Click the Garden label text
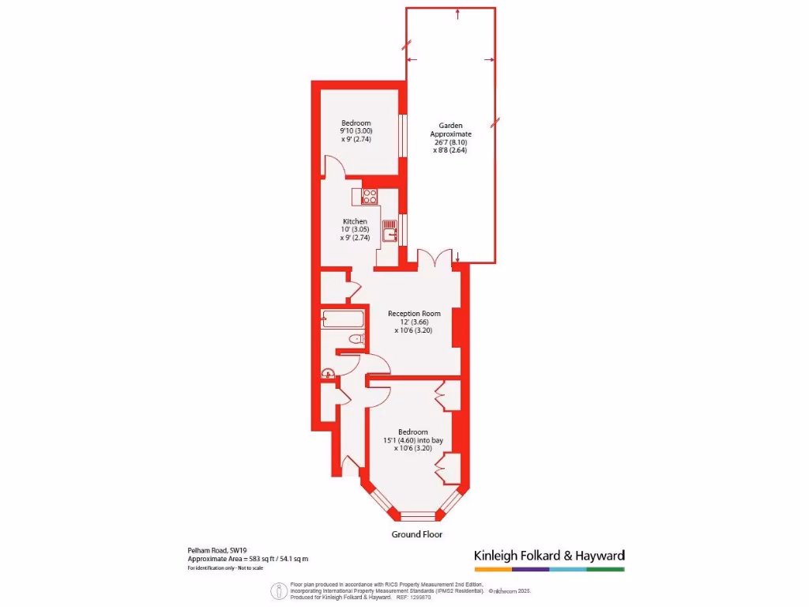click(x=450, y=125)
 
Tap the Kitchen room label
click(x=355, y=221)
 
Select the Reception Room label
click(x=414, y=314)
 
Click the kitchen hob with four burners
click(x=370, y=196)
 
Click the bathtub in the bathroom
click(x=343, y=319)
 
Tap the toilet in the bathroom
click(x=356, y=339)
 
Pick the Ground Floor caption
click(x=416, y=534)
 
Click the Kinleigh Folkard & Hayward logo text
click(x=549, y=555)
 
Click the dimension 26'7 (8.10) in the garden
click(x=450, y=142)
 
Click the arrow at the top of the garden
click(x=458, y=13)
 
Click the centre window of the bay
click(x=418, y=516)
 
